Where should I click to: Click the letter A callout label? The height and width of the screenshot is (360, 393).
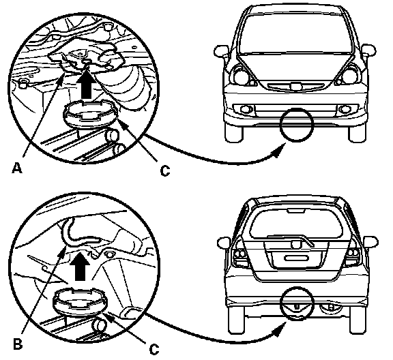point(17,168)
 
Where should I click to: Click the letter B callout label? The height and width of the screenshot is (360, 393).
point(18,344)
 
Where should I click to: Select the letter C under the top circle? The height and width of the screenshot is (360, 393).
point(165,170)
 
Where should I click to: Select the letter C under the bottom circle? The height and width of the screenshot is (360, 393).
point(154,349)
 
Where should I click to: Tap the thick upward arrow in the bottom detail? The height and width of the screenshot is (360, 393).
point(80,267)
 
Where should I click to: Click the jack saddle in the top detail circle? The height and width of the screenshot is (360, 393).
point(90,115)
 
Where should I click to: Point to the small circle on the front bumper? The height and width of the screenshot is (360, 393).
point(297,125)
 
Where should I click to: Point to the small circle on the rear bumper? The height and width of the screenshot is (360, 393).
point(297,303)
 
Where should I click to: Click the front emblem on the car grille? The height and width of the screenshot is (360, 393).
point(296,86)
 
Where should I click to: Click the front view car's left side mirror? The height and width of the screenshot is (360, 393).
point(220,51)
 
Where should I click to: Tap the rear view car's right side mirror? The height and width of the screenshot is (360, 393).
point(371,242)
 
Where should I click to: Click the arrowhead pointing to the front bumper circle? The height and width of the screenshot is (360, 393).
point(279,151)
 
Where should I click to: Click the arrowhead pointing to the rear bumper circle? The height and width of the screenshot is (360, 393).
point(280,329)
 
